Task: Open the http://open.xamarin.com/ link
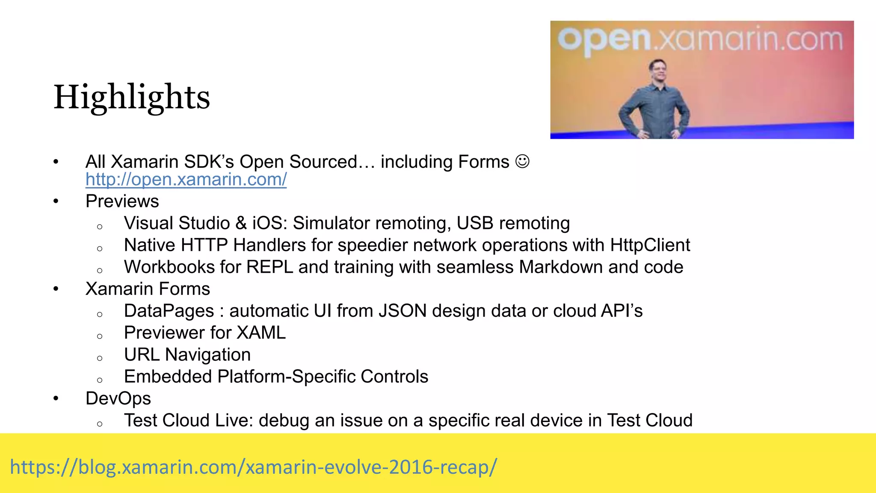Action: [186, 179]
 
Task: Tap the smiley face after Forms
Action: [522, 161]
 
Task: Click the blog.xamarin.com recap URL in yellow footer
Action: [253, 466]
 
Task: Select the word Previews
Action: [122, 201]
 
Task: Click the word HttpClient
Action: [650, 245]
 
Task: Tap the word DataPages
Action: [169, 311]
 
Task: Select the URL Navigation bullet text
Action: [187, 355]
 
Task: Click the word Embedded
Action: [168, 377]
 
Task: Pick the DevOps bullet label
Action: [118, 398]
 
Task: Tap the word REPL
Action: [269, 267]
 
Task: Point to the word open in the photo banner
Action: [604, 39]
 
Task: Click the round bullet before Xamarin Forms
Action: [56, 289]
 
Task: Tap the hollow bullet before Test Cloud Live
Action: [100, 424]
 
